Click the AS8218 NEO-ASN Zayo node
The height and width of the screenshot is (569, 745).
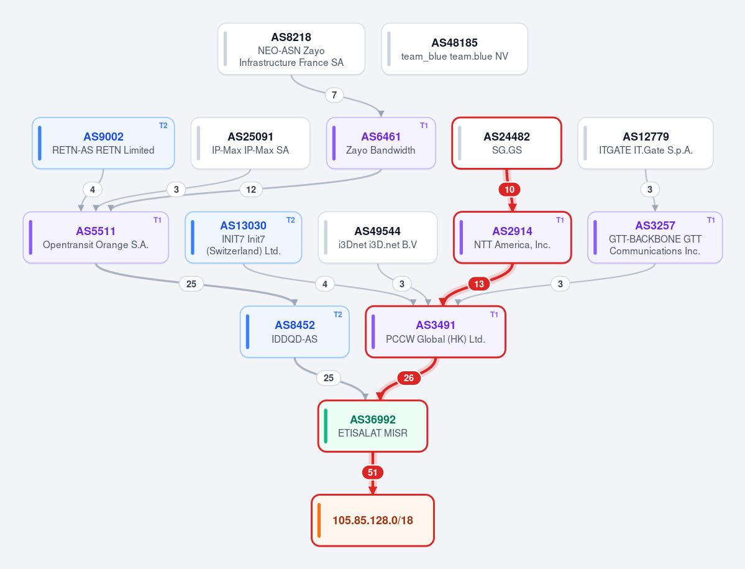click(291, 49)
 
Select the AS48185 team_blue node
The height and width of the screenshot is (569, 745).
click(454, 49)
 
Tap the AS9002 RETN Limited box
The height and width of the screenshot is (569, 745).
click(103, 143)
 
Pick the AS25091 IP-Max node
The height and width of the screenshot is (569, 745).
click(250, 143)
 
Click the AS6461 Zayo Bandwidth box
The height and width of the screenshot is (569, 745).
click(380, 143)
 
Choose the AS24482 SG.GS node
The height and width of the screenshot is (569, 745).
click(506, 143)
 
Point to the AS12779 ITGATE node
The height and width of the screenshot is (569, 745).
click(645, 143)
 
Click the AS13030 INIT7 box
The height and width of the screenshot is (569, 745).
click(244, 237)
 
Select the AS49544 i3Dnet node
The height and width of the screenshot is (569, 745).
click(378, 237)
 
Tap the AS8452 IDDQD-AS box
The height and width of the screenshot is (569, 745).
click(295, 332)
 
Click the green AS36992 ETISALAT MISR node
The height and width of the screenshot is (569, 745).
click(373, 426)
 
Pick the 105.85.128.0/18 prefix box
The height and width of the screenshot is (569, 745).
click(373, 520)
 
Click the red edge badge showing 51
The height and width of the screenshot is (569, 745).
click(373, 473)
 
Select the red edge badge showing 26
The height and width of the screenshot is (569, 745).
click(409, 378)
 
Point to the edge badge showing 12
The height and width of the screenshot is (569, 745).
click(251, 190)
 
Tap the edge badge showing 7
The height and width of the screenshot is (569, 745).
click(334, 95)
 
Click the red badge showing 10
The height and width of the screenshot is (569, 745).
click(510, 190)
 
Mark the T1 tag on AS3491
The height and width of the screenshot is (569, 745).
click(494, 315)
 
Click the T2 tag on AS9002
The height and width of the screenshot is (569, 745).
click(163, 126)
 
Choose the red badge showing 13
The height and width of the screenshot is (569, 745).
click(479, 284)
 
